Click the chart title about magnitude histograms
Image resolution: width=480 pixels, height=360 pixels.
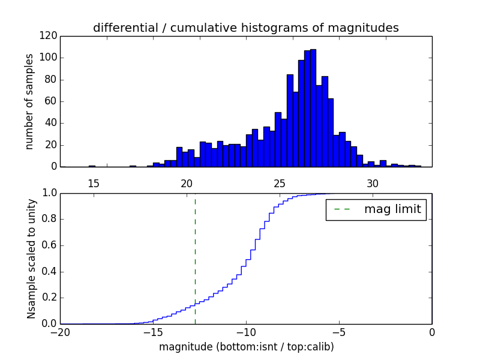(x=246, y=28)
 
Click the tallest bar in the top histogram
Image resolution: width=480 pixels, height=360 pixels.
(x=313, y=108)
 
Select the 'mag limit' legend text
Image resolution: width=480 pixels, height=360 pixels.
(x=392, y=209)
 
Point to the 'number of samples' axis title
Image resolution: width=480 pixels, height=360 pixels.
(x=29, y=101)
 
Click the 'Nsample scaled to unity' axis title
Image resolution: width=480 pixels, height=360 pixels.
(x=31, y=259)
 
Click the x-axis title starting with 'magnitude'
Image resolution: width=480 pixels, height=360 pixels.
(x=246, y=347)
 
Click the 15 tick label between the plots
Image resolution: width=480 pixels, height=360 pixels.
(x=93, y=183)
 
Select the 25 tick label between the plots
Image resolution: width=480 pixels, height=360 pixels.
(x=279, y=183)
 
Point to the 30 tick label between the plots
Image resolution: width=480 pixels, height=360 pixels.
(x=372, y=183)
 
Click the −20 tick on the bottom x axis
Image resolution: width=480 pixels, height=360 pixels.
(x=60, y=333)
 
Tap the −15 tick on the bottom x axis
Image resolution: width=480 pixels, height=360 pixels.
(x=152, y=333)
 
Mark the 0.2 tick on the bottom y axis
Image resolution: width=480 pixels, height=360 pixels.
(x=49, y=298)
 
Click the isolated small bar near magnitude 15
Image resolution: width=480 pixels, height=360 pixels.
(x=92, y=166)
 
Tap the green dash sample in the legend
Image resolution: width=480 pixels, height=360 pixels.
(x=342, y=209)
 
